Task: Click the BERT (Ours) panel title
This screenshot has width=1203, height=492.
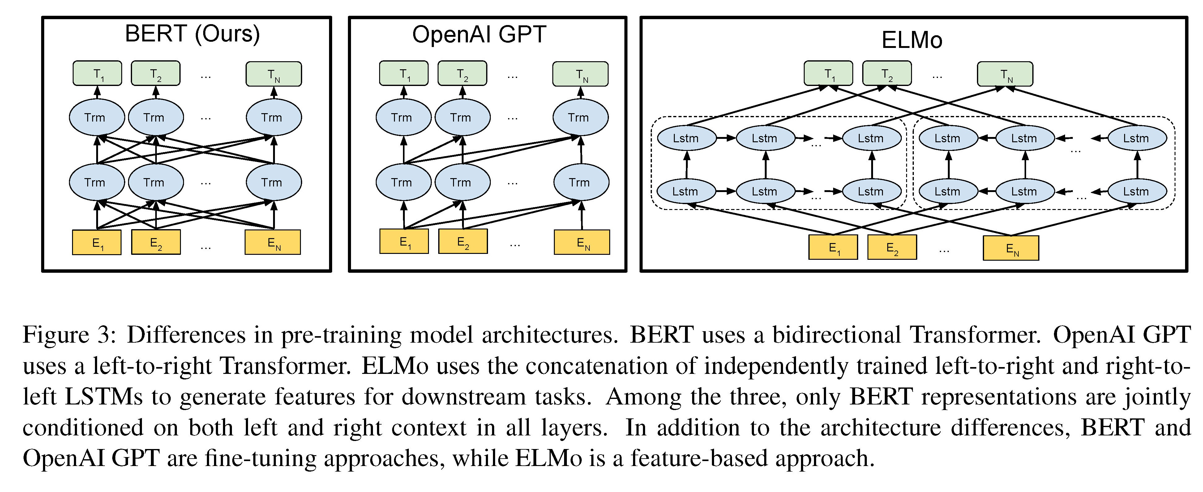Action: point(192,34)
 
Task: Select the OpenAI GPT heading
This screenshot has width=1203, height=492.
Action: point(479,35)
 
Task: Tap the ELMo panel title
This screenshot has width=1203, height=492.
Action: point(912,40)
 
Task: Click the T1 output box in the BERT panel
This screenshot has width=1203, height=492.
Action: point(97,74)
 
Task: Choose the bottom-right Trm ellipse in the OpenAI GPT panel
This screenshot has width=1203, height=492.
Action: point(581,182)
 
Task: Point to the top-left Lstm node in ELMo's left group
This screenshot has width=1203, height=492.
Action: point(686,139)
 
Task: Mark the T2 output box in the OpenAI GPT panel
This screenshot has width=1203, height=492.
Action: point(462,74)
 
